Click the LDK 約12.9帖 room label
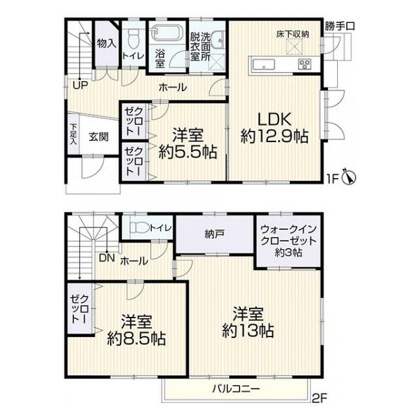[x=274, y=128]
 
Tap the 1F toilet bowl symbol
[x=134, y=39]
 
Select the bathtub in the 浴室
[x=166, y=33]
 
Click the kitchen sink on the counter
[x=264, y=64]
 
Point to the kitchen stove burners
[x=304, y=64]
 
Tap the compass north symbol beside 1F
[x=349, y=176]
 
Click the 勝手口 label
[x=340, y=26]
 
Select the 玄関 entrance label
[x=99, y=137]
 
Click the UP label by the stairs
[x=81, y=85]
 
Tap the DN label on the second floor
[x=107, y=258]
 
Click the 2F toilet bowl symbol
[x=139, y=228]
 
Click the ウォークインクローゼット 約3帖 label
[x=289, y=240]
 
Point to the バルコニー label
[x=236, y=388]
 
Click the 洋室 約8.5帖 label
[x=136, y=330]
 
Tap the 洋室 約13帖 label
[x=248, y=322]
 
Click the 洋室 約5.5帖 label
[x=188, y=143]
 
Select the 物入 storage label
[x=107, y=43]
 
